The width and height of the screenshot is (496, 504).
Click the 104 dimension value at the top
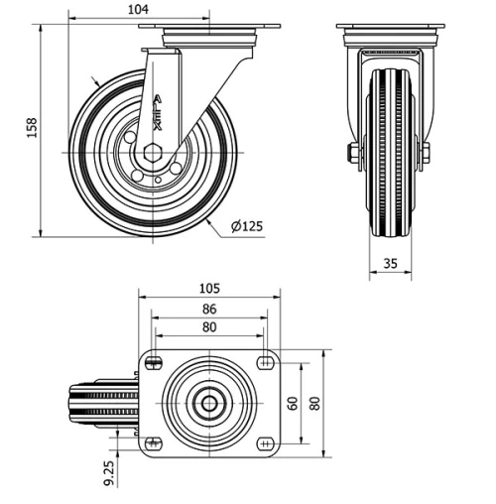click(x=139, y=9)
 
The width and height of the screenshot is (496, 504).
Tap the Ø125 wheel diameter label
click(x=247, y=226)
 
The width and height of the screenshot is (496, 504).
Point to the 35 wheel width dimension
click(x=389, y=263)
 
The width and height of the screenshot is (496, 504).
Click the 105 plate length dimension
click(x=209, y=289)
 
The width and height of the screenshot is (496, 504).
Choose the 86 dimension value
click(x=209, y=309)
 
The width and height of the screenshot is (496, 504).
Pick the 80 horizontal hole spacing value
click(x=209, y=326)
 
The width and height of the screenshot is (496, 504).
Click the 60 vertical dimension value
click(x=293, y=403)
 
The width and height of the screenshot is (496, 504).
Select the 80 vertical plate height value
click(x=315, y=403)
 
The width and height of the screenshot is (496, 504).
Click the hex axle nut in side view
click(x=152, y=152)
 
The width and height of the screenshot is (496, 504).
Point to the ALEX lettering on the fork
click(x=158, y=112)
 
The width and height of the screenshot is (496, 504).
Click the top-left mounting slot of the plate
click(x=153, y=363)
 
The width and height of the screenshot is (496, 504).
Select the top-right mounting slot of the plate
click(x=265, y=363)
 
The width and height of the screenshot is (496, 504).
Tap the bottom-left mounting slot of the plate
click(x=153, y=442)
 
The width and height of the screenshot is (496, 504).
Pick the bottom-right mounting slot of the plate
click(x=265, y=442)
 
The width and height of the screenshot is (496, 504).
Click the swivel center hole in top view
click(x=210, y=403)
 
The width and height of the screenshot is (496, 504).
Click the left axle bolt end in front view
click(x=352, y=153)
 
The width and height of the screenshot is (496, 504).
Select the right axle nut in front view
click(x=426, y=153)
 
